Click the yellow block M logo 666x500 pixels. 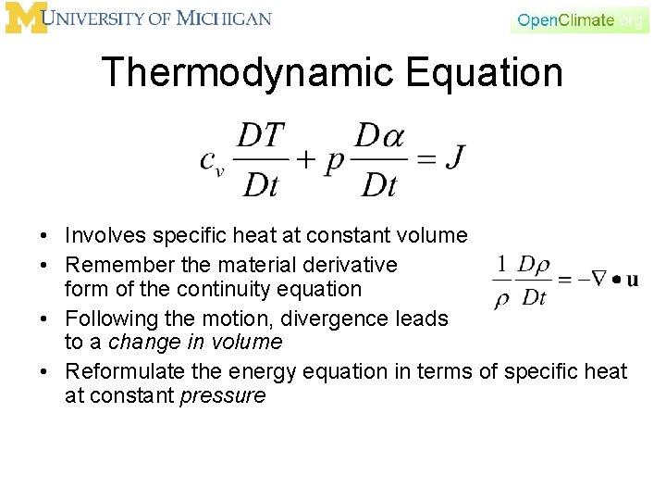click(x=25, y=18)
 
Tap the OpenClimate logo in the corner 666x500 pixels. click(x=579, y=19)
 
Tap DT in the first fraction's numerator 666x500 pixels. click(x=261, y=136)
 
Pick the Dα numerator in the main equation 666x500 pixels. click(x=379, y=136)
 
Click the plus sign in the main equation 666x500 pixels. click(x=304, y=159)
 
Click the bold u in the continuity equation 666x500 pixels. click(x=632, y=281)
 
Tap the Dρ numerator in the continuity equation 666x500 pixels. click(x=534, y=265)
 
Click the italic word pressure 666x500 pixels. click(x=225, y=396)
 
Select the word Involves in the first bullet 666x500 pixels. click(x=102, y=237)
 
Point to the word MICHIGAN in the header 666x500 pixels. click(x=224, y=18)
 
